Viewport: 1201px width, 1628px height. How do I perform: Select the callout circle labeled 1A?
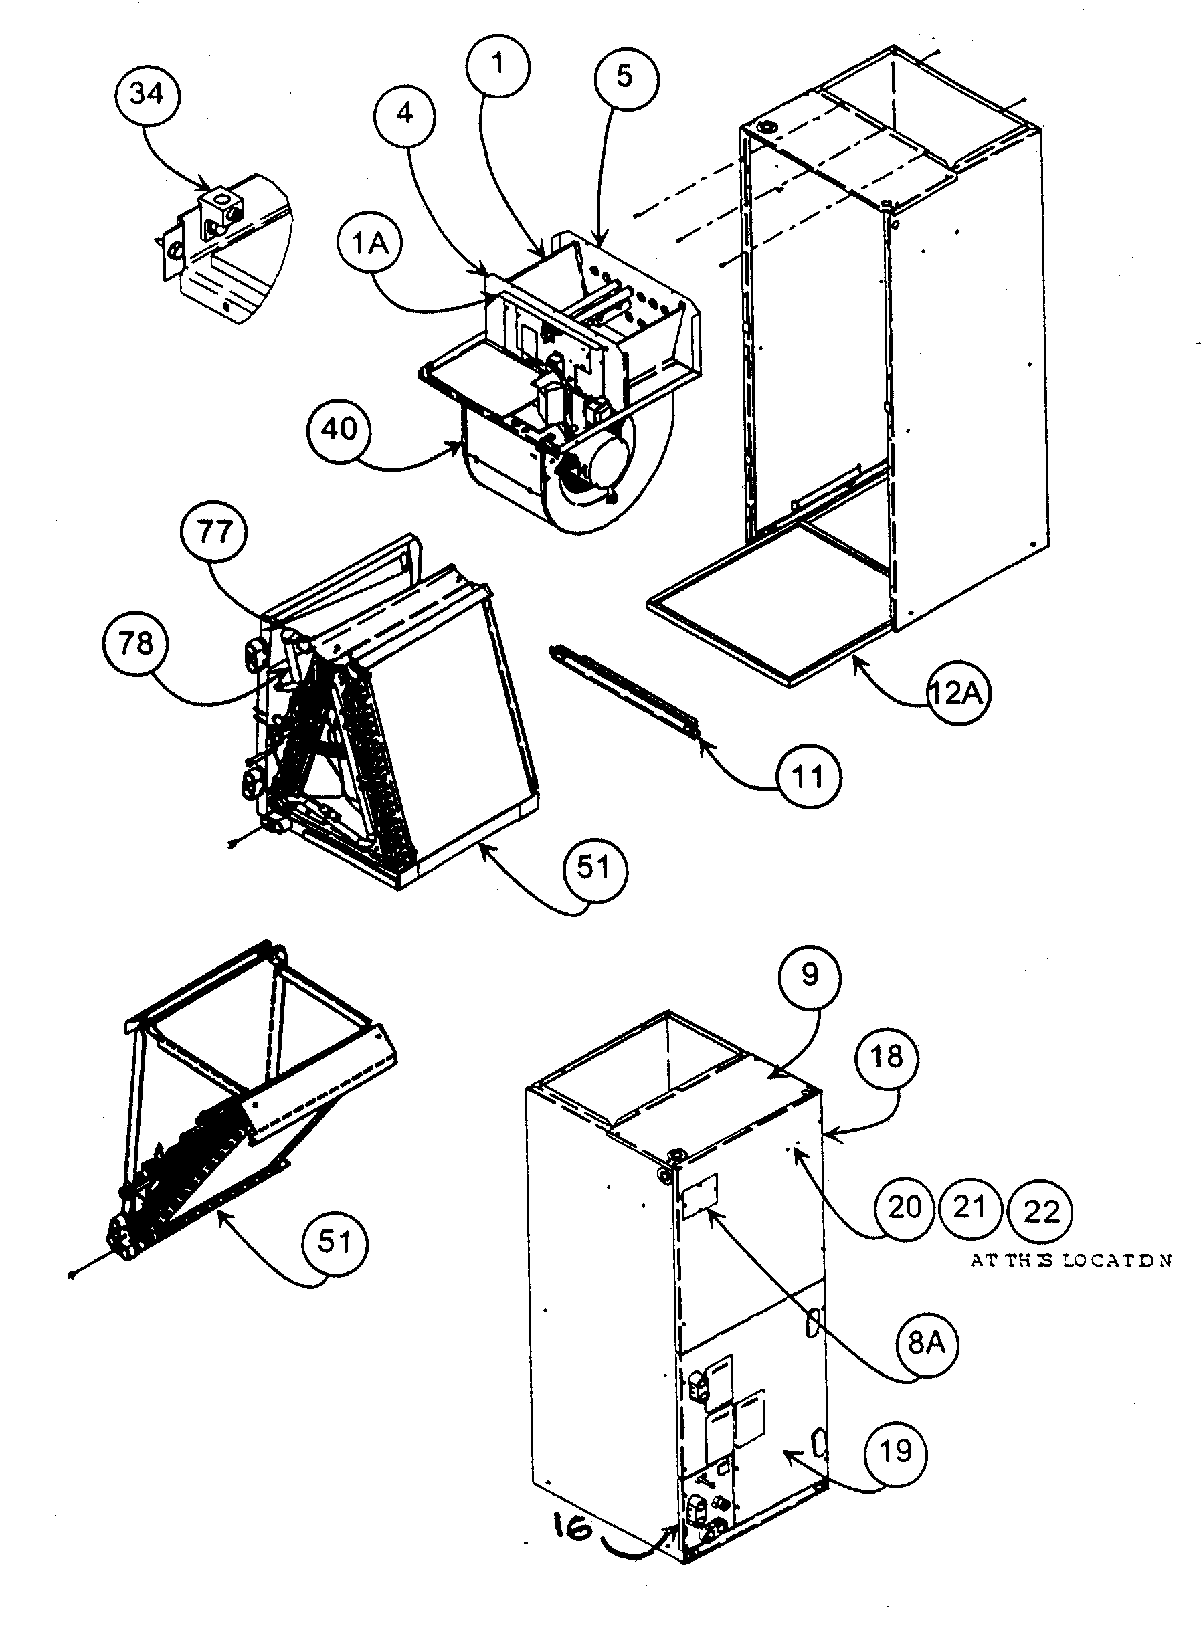[370, 244]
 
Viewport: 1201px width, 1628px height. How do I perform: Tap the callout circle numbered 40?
[339, 429]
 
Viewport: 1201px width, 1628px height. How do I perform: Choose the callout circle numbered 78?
[135, 644]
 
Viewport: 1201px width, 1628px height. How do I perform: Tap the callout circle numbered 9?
[809, 976]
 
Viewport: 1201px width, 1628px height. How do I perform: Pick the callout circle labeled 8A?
[927, 1343]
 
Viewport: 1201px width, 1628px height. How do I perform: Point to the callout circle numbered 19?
[896, 1451]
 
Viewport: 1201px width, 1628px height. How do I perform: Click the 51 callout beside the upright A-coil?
[594, 868]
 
